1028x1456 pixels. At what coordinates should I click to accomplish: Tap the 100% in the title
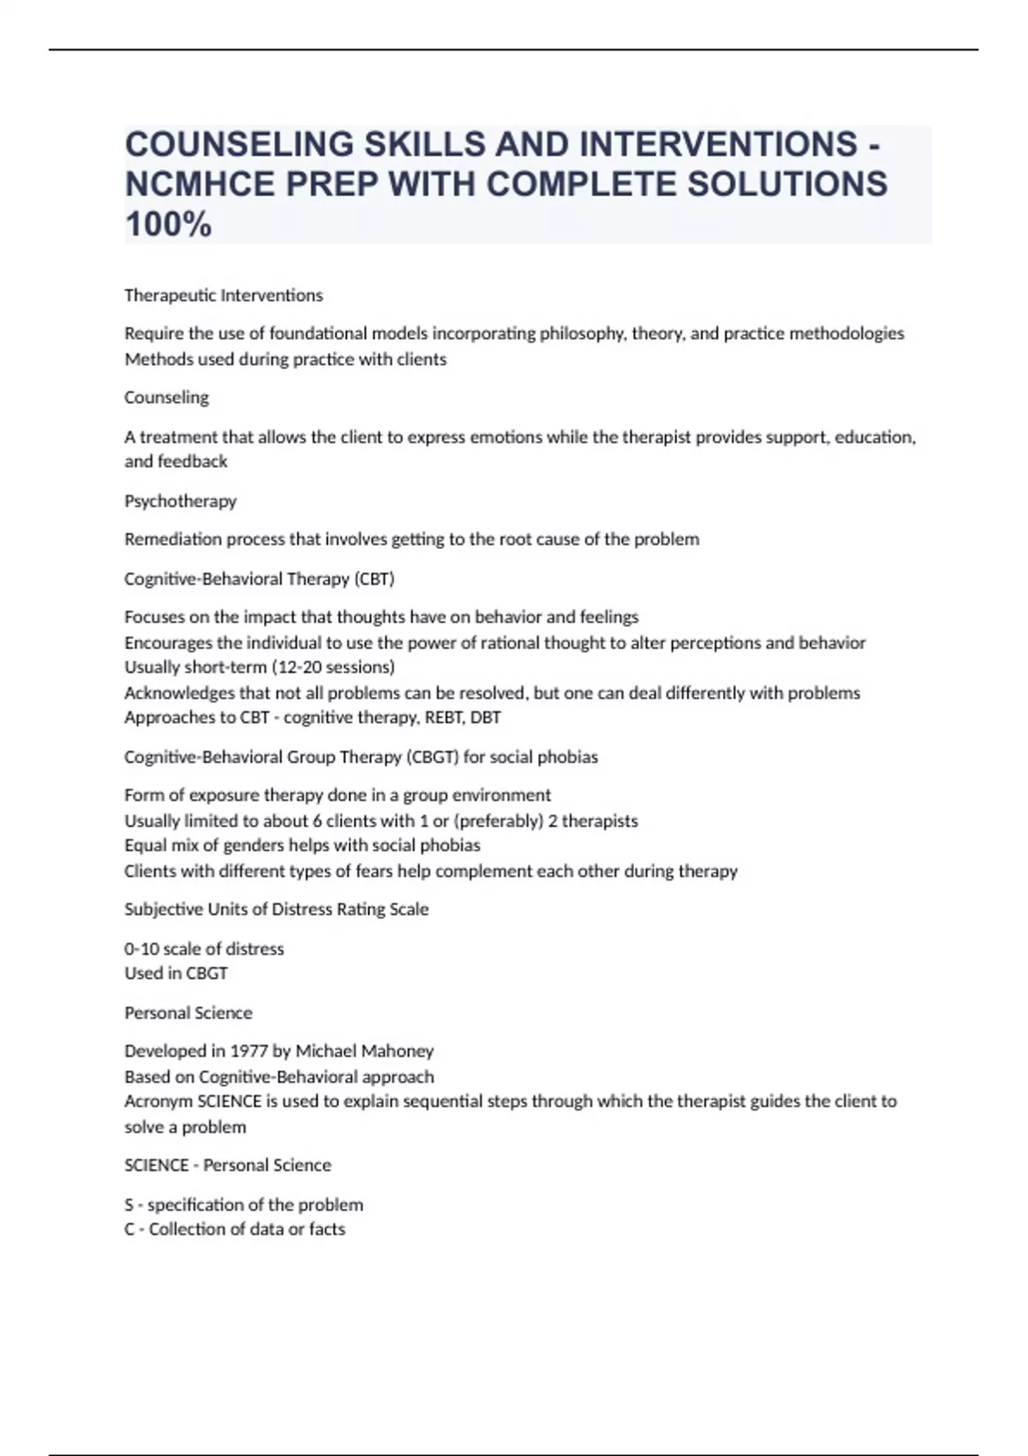click(x=168, y=224)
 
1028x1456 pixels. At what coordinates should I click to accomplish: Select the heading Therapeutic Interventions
click(x=224, y=295)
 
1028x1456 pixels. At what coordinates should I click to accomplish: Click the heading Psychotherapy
click(x=180, y=501)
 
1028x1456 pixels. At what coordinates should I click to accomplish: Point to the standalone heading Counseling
click(x=166, y=397)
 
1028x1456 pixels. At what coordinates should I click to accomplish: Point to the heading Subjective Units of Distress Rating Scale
click(x=276, y=910)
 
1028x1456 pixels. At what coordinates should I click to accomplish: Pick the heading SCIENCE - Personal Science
click(x=227, y=1166)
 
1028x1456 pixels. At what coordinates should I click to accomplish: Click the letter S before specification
click(x=129, y=1205)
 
